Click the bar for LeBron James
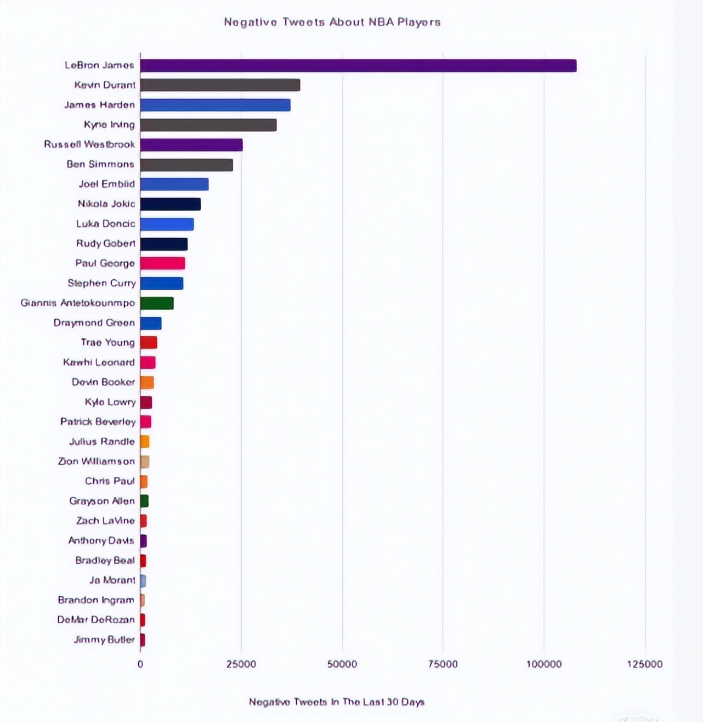[358, 66]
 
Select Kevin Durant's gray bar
[220, 85]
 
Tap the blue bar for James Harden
[215, 105]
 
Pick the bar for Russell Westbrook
[191, 145]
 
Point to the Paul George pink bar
[162, 263]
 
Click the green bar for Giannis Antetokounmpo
[157, 303]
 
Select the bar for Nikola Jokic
[170, 204]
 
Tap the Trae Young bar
[149, 343]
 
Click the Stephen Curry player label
[101, 283]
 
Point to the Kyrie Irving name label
[109, 125]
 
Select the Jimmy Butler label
[104, 640]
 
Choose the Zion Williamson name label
[97, 461]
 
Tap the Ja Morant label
[112, 580]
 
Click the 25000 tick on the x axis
[241, 664]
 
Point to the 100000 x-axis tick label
[544, 664]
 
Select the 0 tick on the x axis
[140, 664]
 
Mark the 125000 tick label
[645, 664]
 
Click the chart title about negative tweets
[332, 22]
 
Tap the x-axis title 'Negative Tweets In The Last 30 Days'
[337, 702]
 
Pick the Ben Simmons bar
[186, 165]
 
